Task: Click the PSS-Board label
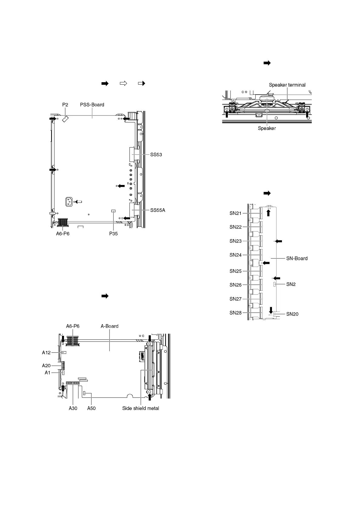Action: pos(92,105)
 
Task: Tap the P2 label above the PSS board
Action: pos(65,105)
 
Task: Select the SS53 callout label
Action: pos(156,154)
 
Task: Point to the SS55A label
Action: pos(158,210)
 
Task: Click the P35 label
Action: pos(113,234)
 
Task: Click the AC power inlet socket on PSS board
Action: pos(70,202)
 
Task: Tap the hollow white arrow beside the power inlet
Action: pos(78,202)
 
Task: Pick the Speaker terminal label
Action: pos(287,85)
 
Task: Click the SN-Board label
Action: pos(297,258)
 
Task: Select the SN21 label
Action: pos(235,213)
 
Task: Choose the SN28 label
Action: pos(235,313)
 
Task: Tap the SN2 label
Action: pos(291,284)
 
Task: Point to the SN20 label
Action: pos(292,314)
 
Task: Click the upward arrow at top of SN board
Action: pos(268,213)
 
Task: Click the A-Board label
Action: pos(110,326)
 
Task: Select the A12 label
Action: pos(46,352)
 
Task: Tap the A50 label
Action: pos(91,408)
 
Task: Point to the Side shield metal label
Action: pos(141,408)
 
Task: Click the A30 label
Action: pos(73,408)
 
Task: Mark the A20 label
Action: pos(46,365)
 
